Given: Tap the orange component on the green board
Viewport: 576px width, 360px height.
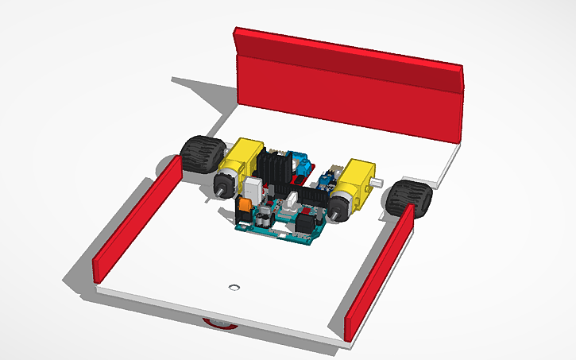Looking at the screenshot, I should click(245, 204).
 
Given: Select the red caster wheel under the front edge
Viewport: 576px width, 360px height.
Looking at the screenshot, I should click(218, 323).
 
